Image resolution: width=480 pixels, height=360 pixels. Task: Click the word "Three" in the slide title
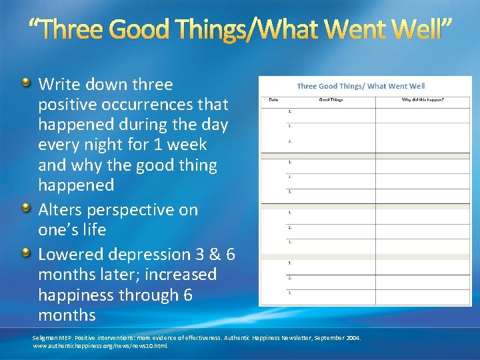click(73, 29)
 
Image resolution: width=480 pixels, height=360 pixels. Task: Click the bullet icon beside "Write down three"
click(25, 83)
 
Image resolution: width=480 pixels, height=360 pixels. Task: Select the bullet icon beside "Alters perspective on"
click(25, 209)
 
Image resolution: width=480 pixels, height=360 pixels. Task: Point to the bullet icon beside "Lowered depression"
click(25, 253)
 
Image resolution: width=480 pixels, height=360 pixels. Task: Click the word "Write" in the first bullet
click(58, 85)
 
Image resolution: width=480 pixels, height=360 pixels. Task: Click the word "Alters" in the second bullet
click(61, 210)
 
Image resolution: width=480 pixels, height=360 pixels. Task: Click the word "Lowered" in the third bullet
click(69, 255)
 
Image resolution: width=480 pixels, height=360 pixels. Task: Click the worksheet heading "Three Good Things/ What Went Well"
click(361, 86)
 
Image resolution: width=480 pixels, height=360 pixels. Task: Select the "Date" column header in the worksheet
click(273, 99)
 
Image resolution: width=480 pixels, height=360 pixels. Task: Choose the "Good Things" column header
click(331, 99)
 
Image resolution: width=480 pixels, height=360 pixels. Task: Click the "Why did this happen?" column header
click(422, 99)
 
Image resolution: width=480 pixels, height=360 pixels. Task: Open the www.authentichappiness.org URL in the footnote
click(100, 346)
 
